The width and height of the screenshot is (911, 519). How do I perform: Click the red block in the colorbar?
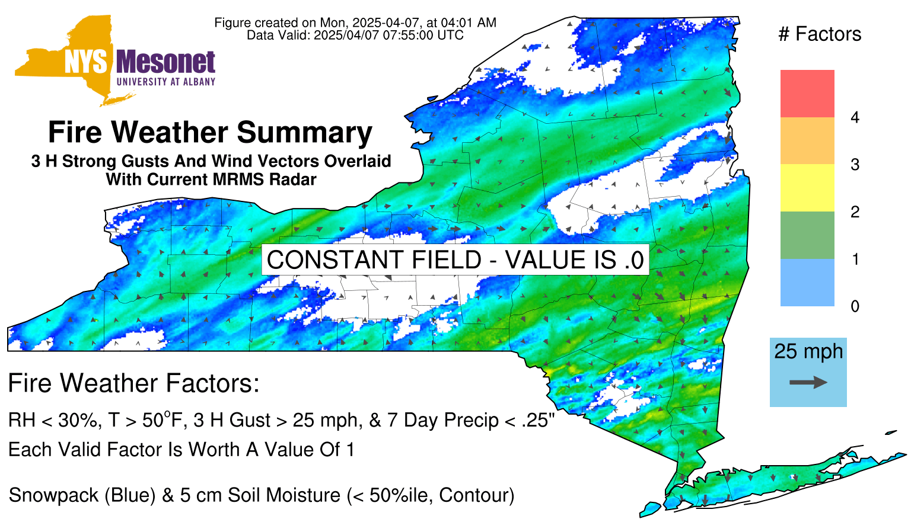point(807,94)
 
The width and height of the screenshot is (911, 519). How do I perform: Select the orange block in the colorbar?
point(807,140)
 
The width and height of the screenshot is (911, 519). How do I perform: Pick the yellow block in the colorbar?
point(807,188)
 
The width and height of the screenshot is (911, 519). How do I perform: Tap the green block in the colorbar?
point(807,235)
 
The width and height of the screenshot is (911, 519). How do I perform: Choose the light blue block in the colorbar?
point(807,282)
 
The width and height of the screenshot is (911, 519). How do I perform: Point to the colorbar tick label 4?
point(855,117)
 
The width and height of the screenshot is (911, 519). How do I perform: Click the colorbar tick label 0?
point(855,306)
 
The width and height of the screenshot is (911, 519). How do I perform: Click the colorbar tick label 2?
point(855,212)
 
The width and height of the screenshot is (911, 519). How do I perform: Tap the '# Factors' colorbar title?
point(820,34)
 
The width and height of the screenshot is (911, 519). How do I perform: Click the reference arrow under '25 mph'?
point(808,382)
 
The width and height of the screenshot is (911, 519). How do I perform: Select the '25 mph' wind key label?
point(808,352)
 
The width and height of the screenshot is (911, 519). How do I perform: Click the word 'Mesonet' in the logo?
point(165,62)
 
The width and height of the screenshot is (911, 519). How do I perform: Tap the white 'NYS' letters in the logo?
point(86,62)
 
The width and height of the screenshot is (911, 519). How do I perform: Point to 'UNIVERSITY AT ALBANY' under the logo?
point(166,82)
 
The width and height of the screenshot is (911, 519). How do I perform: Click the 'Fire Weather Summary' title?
point(211,132)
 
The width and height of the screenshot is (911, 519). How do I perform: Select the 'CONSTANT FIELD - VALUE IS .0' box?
point(455,259)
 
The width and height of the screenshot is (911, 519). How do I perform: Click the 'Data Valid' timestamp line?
point(355,35)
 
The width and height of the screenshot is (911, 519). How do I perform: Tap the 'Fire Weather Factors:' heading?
point(134,383)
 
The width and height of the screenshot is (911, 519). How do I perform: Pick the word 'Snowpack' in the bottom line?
point(54,495)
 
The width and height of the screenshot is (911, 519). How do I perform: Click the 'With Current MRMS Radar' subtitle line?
point(211,179)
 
